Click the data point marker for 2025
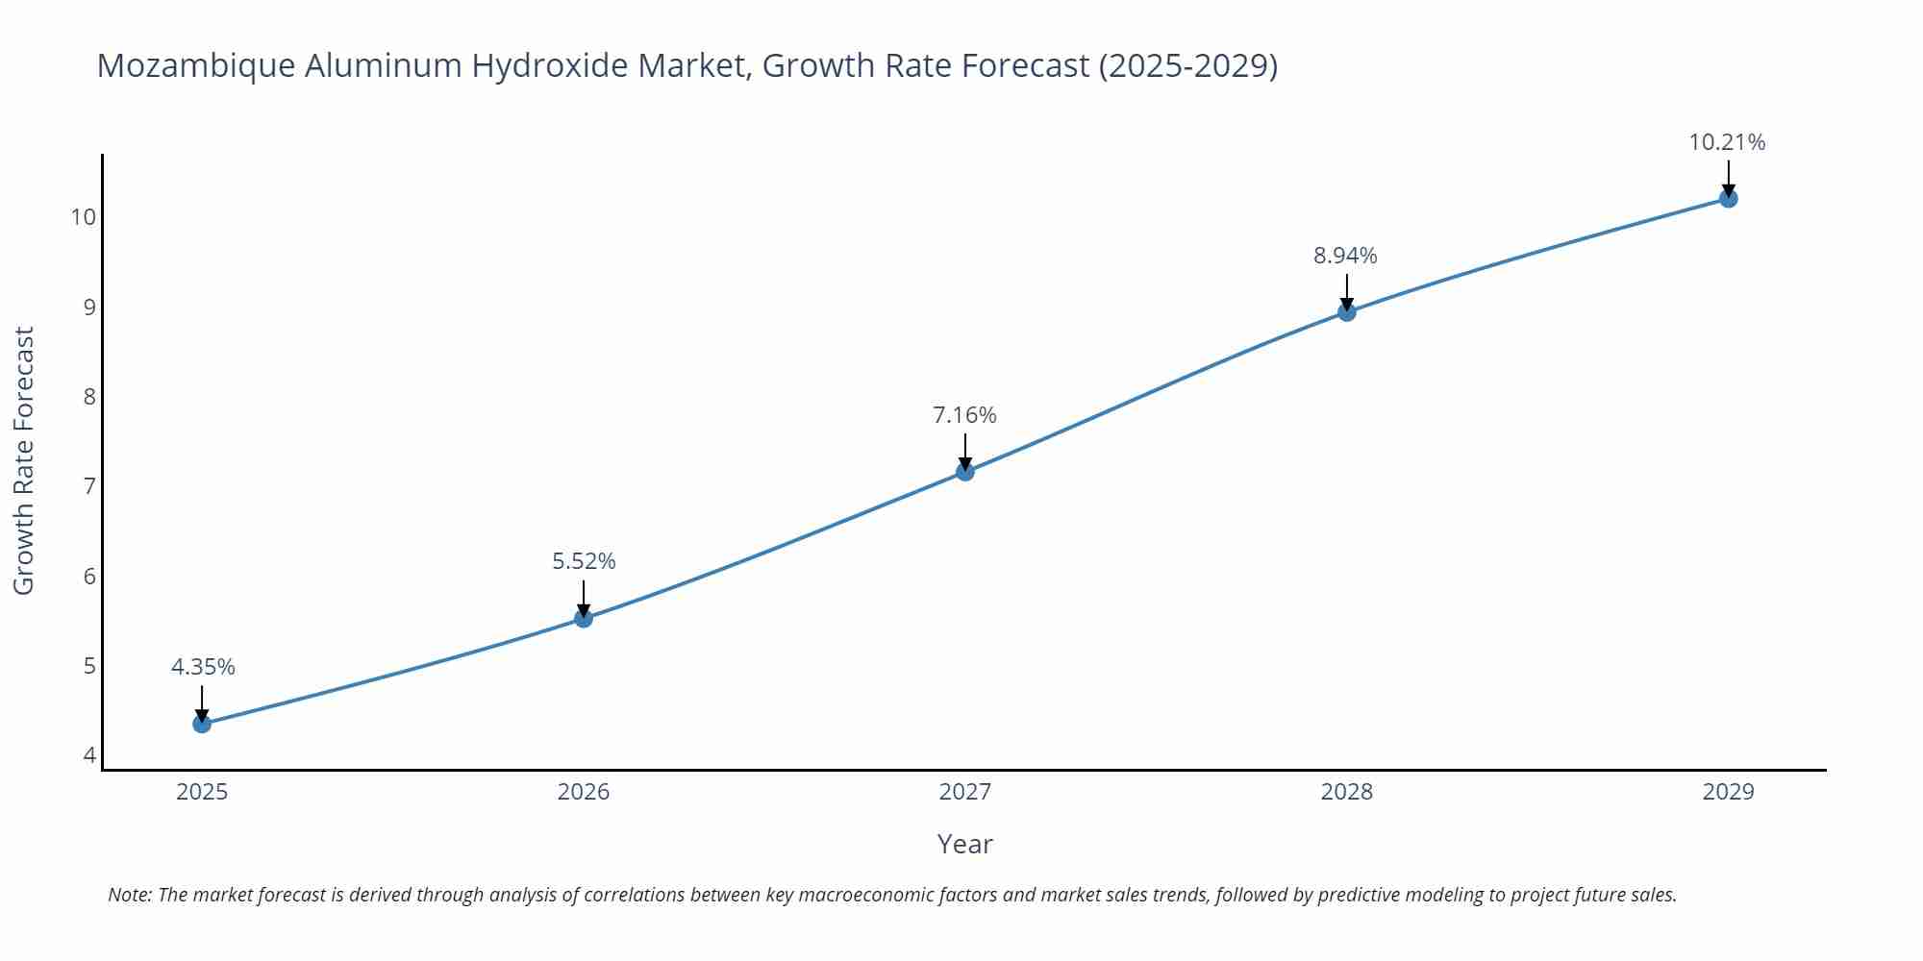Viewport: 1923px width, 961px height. click(x=202, y=724)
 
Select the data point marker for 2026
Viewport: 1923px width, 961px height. click(x=584, y=618)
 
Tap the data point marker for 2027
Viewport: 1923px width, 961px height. click(x=965, y=471)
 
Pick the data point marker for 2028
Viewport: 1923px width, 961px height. click(x=1347, y=311)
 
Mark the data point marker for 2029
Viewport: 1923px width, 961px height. click(x=1728, y=199)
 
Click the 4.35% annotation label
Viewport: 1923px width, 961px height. click(x=203, y=667)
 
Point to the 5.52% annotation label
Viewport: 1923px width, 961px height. click(x=584, y=561)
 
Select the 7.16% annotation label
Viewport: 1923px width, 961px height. click(x=964, y=415)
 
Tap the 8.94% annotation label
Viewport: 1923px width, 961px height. click(x=1345, y=256)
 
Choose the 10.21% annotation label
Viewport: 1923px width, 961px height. click(x=1727, y=142)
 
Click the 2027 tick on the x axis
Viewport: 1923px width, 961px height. click(x=964, y=792)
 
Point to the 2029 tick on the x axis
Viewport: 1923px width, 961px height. click(x=1728, y=792)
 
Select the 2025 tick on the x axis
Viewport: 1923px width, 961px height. click(x=202, y=792)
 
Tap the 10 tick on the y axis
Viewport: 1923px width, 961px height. click(x=84, y=217)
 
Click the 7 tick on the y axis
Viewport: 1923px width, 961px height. click(x=89, y=486)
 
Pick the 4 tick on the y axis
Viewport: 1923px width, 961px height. click(x=89, y=755)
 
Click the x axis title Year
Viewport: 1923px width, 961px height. click(x=964, y=844)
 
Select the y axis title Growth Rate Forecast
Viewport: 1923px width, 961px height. click(x=24, y=460)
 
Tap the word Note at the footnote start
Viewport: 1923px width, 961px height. click(x=129, y=895)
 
